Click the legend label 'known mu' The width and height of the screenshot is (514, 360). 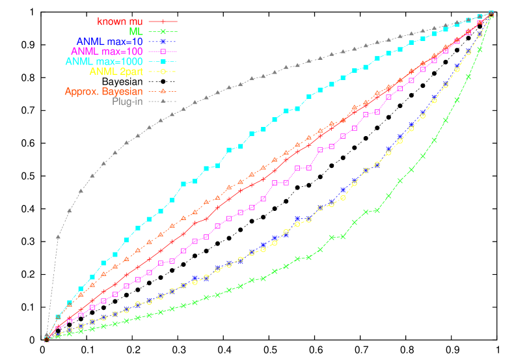(x=120, y=21)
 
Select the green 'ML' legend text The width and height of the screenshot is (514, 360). (x=136, y=31)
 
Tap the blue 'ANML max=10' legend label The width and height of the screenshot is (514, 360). (x=109, y=41)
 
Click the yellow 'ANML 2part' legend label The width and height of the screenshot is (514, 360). (x=116, y=71)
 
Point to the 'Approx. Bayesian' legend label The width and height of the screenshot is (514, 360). (x=103, y=91)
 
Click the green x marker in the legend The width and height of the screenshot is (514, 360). (x=163, y=31)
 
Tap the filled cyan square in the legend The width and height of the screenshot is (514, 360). (x=163, y=61)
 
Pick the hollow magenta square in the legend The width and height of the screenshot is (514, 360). (x=163, y=51)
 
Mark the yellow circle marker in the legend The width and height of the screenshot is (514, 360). (x=163, y=71)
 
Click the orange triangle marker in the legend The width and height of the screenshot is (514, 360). (x=163, y=91)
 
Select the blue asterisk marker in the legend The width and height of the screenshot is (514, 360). (x=163, y=41)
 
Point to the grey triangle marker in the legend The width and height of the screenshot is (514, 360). (x=163, y=102)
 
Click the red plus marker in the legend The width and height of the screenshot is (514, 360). (x=163, y=21)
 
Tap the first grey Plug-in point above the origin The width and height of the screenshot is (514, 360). (x=58, y=236)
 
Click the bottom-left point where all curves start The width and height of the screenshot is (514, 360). (x=46, y=338)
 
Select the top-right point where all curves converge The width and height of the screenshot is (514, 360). (x=491, y=13)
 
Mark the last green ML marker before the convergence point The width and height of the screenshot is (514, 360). (x=480, y=49)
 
